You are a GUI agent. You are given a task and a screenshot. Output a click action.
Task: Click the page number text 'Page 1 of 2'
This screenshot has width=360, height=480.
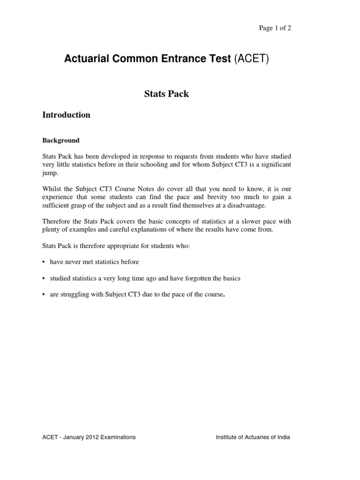(275, 28)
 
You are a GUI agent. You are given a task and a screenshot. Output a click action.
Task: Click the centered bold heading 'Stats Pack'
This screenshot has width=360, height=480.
(166, 94)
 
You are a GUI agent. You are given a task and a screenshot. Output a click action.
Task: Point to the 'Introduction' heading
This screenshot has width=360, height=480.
(66, 115)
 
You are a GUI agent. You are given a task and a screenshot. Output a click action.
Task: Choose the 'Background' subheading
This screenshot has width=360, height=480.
(61, 140)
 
